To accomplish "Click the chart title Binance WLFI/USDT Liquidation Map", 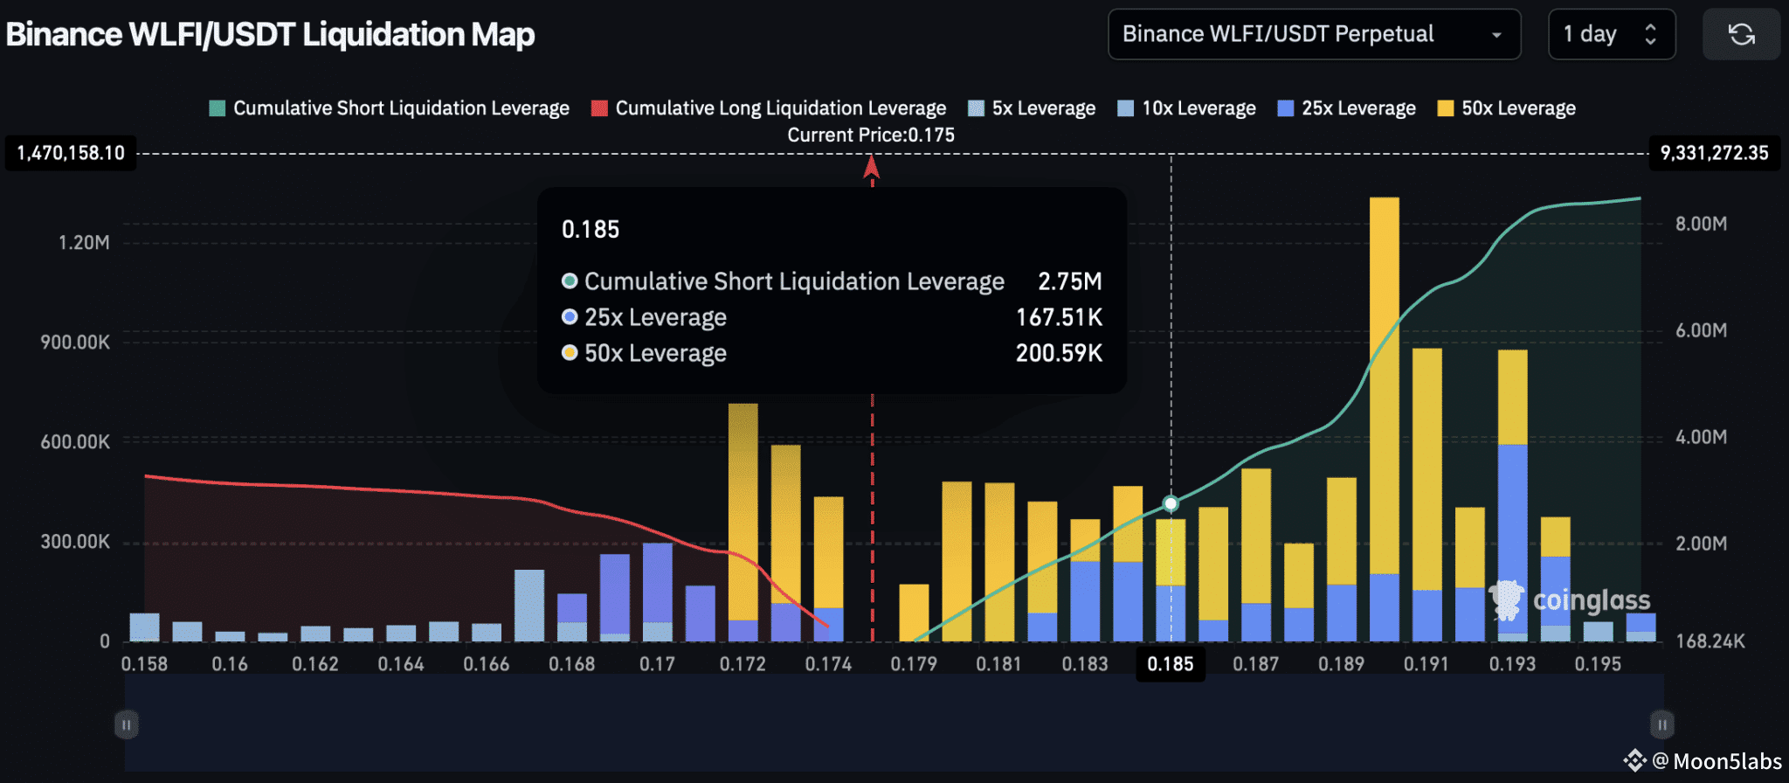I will click(270, 35).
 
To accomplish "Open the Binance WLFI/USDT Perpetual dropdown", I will click(1313, 35).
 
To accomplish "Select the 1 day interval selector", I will click(1610, 35).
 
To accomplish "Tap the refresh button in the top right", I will click(1741, 35).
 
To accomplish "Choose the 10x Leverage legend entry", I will click(1187, 108).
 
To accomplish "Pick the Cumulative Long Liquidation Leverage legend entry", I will click(769, 108).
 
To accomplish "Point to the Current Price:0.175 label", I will click(871, 135).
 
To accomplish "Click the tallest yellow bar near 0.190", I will click(1384, 385).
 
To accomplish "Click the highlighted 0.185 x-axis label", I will click(1170, 664).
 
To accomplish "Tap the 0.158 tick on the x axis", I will click(144, 664).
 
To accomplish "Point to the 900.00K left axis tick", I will click(75, 343).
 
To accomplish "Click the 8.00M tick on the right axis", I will click(1700, 224).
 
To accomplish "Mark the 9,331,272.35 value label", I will click(1714, 154).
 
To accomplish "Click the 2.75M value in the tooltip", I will click(1069, 281).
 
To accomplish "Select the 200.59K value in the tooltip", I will click(1059, 353).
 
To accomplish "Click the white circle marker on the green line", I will click(1171, 503).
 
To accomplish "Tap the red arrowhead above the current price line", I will click(871, 166).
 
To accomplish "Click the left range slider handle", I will click(127, 724).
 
